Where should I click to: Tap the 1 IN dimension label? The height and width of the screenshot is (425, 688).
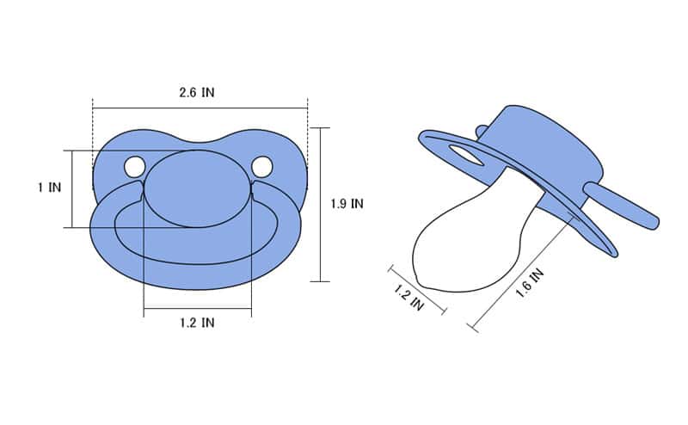coord(49,187)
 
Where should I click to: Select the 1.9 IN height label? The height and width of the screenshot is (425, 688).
coord(347,204)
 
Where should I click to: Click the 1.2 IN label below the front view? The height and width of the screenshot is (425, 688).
coord(197,323)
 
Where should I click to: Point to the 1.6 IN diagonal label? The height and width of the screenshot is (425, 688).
coord(529,284)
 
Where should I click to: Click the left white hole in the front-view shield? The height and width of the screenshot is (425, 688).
coord(134,167)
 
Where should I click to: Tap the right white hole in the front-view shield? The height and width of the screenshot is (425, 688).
coord(261,166)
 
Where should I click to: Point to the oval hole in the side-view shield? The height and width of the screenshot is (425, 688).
coord(465,155)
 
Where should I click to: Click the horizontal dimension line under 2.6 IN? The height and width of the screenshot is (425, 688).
coord(200,108)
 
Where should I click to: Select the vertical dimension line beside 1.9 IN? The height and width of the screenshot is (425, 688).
coord(320,204)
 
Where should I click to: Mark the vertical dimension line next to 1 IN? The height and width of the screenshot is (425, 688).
coord(71,189)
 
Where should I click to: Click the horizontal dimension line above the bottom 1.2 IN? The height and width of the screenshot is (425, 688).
coord(197,308)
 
